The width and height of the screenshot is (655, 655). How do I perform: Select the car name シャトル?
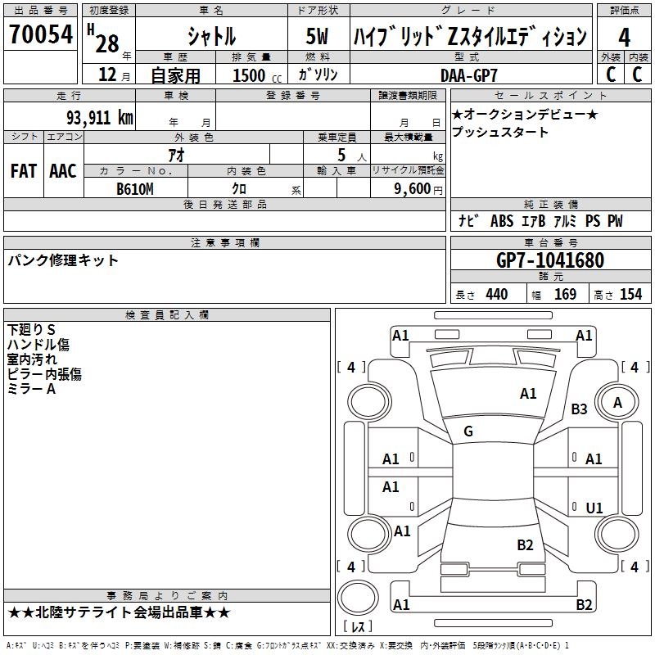[211, 36]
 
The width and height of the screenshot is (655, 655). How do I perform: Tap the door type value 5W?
[318, 36]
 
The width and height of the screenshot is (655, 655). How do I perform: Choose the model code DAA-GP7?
[469, 75]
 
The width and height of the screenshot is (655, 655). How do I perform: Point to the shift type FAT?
[23, 171]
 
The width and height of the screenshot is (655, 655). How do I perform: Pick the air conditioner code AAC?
[63, 171]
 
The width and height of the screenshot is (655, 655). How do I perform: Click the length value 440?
[496, 295]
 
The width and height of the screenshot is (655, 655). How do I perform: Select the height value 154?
[630, 295]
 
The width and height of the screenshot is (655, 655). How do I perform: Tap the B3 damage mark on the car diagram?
[580, 409]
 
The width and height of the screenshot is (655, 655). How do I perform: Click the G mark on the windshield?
[468, 431]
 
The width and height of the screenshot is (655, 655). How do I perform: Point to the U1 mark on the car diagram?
[594, 508]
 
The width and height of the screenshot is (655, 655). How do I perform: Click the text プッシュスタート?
[500, 132]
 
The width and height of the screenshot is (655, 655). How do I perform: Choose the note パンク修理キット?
[63, 260]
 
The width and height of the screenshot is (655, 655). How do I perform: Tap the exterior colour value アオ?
[176, 155]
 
